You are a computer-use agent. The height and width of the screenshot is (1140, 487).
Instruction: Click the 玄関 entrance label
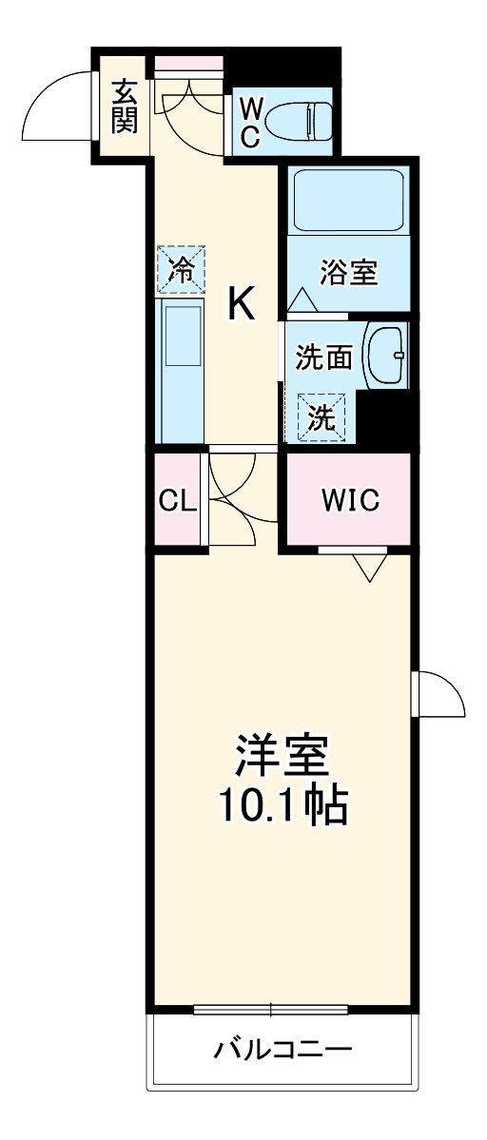125,107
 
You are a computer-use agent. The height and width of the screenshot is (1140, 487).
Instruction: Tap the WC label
249,121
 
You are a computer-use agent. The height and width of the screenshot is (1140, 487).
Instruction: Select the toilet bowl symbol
296,121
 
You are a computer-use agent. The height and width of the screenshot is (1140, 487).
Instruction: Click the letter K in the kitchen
241,305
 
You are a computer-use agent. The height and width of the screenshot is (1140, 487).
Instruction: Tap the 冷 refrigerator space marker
180,269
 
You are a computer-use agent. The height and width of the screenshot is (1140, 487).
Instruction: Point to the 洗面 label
323,357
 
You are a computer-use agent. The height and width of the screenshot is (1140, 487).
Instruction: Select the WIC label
349,499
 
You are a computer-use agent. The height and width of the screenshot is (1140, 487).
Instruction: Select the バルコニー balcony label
282,1050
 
